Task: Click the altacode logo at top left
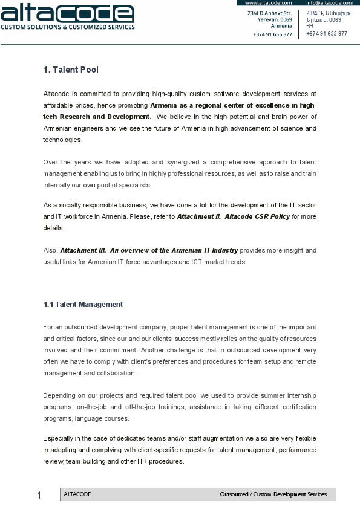click(67, 13)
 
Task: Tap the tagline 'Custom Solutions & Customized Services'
click(67, 27)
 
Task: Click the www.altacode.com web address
click(264, 3)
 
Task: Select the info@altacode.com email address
click(329, 3)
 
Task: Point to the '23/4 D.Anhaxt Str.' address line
click(269, 13)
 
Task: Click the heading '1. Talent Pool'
click(71, 70)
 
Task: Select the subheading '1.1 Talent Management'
click(83, 305)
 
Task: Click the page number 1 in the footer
click(39, 496)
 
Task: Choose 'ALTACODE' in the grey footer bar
click(77, 494)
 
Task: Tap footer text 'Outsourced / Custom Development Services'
click(273, 494)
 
